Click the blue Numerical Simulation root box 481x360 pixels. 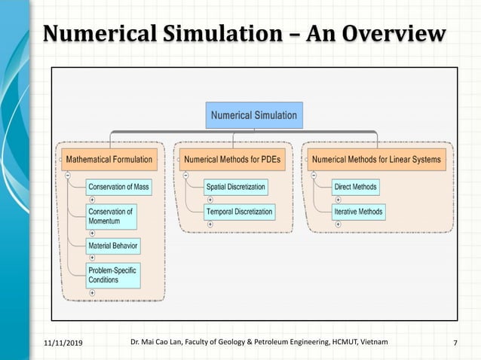[254, 116]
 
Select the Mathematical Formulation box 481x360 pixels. [109, 160]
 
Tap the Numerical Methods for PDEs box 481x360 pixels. [234, 160]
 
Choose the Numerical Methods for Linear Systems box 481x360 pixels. [376, 160]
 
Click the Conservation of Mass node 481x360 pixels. [117, 187]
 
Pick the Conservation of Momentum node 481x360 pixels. [111, 216]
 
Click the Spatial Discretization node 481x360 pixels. [235, 187]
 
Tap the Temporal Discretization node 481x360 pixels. [239, 212]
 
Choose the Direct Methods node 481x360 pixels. [355, 187]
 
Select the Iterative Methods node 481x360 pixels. [358, 212]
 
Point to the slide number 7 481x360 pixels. [455, 343]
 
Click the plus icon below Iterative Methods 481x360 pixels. [338, 224]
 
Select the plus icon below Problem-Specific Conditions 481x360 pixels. [92, 291]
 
